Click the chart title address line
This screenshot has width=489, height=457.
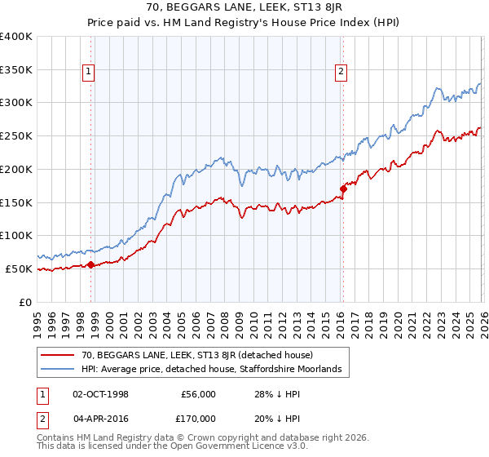(x=244, y=9)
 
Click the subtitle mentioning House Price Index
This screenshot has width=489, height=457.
(x=244, y=24)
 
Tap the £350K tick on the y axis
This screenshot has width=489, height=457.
(x=16, y=69)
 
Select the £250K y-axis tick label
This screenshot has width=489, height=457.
(x=16, y=135)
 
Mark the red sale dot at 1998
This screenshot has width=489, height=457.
(x=90, y=264)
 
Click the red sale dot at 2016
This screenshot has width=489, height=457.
(x=343, y=189)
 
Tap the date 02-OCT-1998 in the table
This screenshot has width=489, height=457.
(x=101, y=393)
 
